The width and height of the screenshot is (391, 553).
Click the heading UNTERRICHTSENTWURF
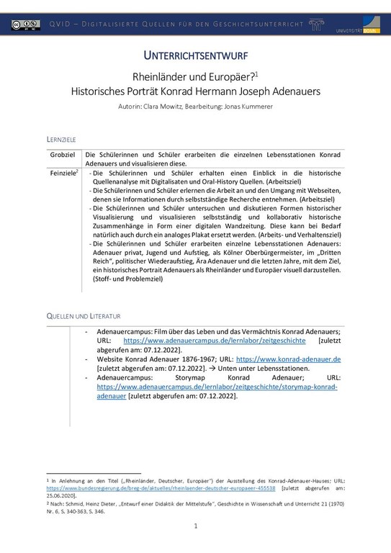coord(195,55)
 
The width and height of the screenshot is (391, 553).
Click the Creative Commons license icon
coord(25,25)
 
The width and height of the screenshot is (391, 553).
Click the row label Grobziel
coord(63,155)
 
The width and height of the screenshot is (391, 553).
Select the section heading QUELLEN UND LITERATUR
coord(84,316)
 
